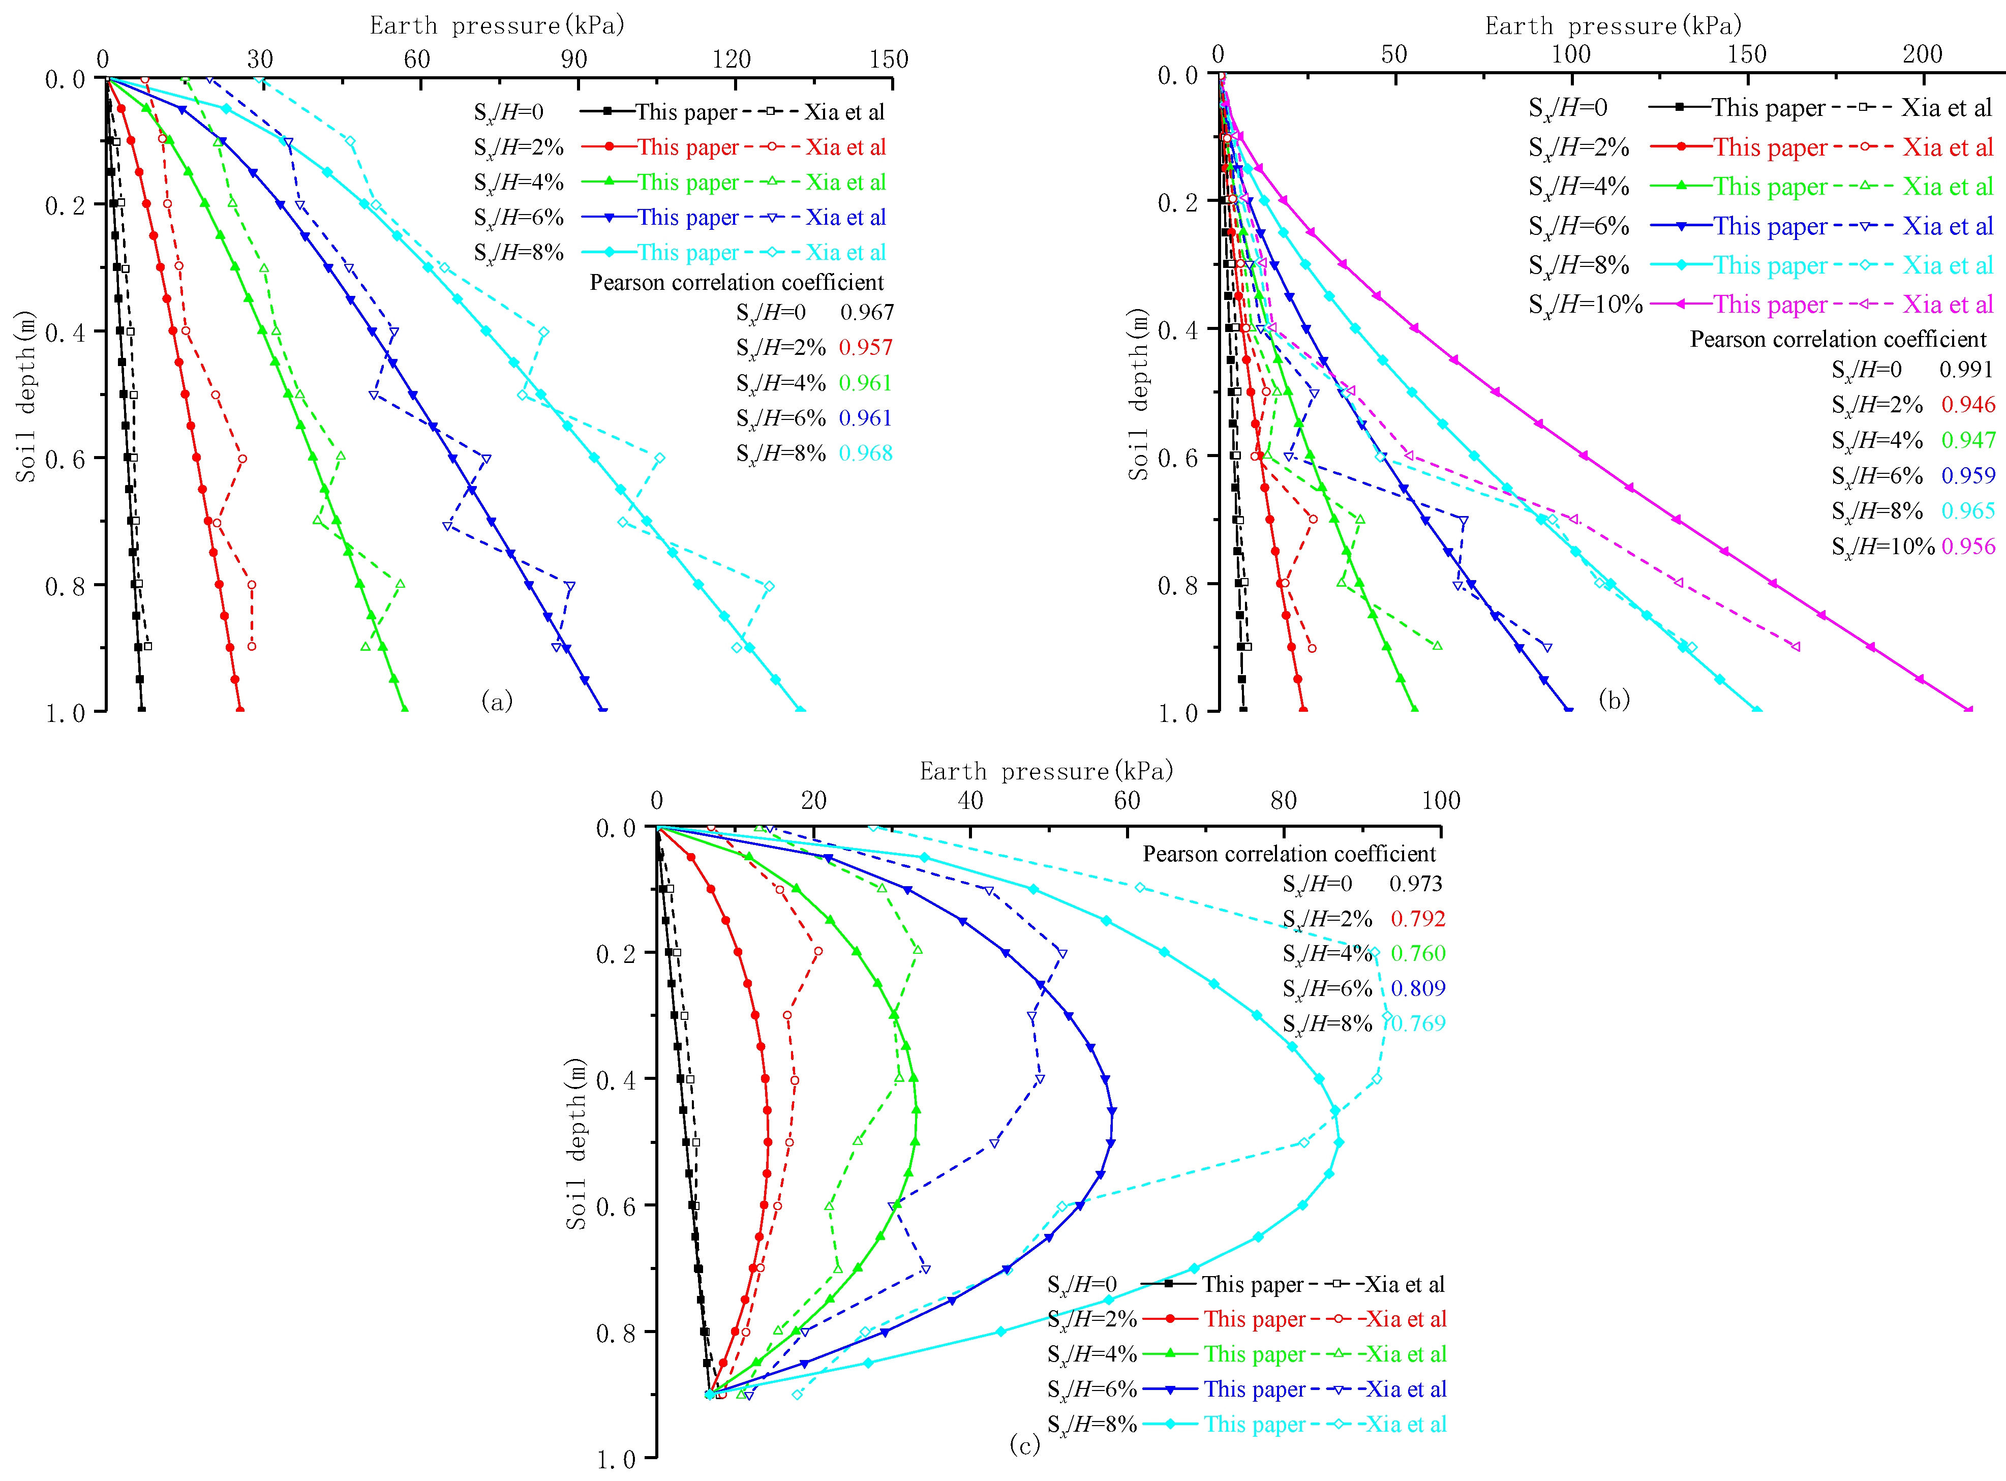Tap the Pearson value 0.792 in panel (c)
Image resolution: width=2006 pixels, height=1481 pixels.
(1418, 918)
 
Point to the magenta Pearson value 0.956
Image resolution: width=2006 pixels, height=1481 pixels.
(1968, 546)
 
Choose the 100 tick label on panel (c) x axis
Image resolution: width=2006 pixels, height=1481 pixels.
(1440, 801)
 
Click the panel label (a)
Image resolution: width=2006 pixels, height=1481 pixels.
(497, 700)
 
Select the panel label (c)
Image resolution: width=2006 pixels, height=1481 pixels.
(1024, 1444)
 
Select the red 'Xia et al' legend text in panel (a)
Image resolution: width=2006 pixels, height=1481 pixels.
(845, 147)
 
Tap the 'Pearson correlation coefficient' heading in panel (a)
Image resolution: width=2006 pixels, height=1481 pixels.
(736, 282)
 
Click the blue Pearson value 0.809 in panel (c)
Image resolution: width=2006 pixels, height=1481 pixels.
(1418, 988)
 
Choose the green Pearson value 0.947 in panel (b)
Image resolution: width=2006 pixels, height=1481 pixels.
(1968, 440)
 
